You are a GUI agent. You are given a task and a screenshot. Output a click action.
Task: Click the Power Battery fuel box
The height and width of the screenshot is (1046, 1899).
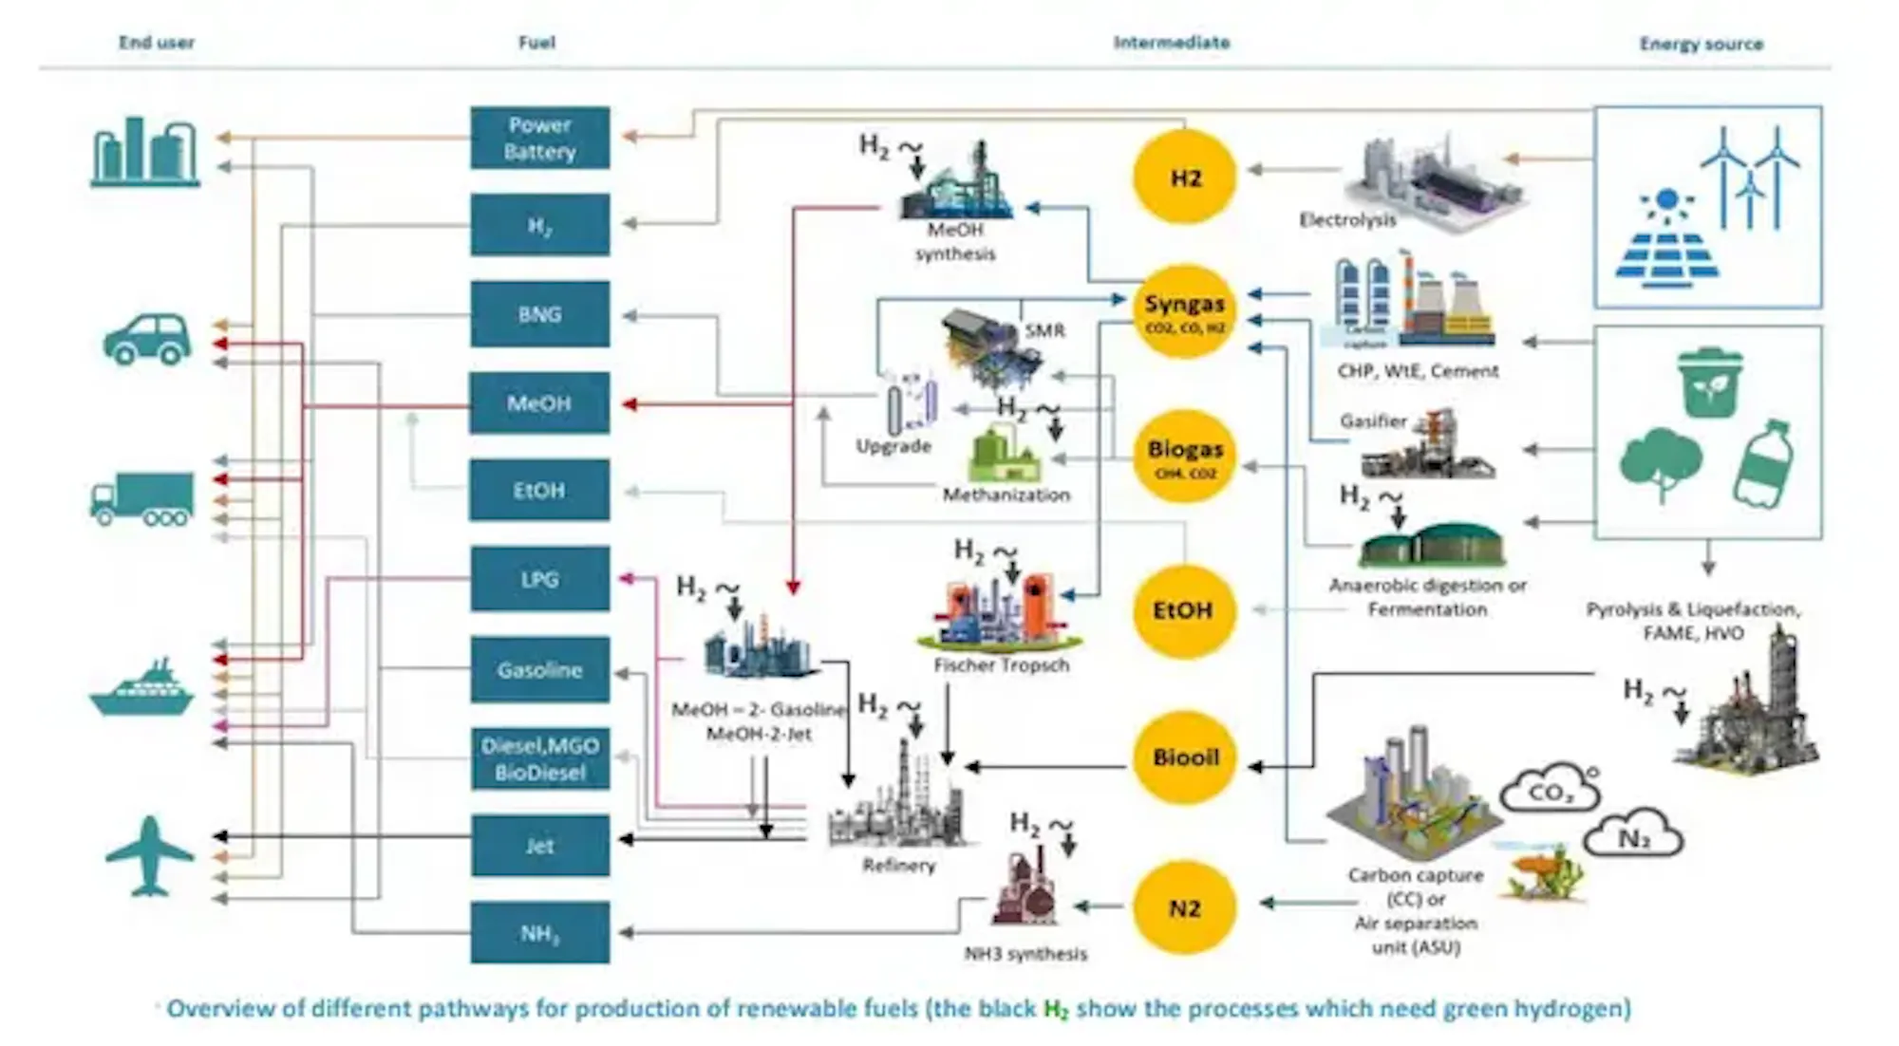tap(539, 138)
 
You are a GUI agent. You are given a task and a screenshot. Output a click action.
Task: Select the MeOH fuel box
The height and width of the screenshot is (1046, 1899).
tap(539, 403)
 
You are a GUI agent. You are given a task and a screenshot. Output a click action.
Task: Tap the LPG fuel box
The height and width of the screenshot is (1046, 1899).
tap(539, 579)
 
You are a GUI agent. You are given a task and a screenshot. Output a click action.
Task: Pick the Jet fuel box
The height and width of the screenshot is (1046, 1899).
tap(539, 846)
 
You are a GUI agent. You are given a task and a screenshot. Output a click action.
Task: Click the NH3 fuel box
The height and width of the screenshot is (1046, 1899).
tap(539, 934)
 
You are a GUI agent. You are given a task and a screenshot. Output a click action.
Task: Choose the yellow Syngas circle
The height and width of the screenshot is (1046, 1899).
tap(1184, 311)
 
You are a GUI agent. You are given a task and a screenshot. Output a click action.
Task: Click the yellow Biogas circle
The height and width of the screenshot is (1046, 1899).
tap(1184, 457)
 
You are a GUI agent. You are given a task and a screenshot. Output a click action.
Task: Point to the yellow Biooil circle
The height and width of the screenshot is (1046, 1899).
tap(1185, 757)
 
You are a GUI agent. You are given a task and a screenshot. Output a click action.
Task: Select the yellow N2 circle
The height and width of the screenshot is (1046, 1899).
tap(1184, 908)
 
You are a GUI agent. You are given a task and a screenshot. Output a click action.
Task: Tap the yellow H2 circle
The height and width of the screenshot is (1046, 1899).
tap(1185, 177)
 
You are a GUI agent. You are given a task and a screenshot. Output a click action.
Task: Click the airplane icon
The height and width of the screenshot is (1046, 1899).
tap(150, 856)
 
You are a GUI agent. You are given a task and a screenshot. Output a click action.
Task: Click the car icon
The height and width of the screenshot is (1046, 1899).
tap(147, 340)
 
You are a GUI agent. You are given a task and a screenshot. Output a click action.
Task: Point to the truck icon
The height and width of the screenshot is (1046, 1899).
tap(142, 499)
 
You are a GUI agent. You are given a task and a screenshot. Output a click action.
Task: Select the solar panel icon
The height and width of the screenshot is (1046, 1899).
tap(1666, 242)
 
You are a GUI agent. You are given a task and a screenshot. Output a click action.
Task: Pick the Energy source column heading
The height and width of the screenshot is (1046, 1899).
tap(1701, 44)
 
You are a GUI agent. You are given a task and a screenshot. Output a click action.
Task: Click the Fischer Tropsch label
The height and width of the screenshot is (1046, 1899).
tap(1001, 665)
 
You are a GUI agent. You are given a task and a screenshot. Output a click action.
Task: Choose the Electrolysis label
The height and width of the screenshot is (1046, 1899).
tap(1347, 220)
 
